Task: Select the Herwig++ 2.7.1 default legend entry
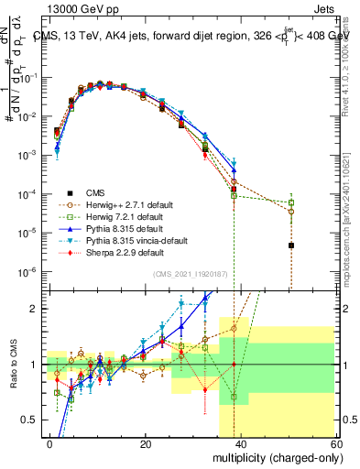pos(129,203)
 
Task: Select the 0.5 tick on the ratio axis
pos(29,420)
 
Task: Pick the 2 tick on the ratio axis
pos(36,309)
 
